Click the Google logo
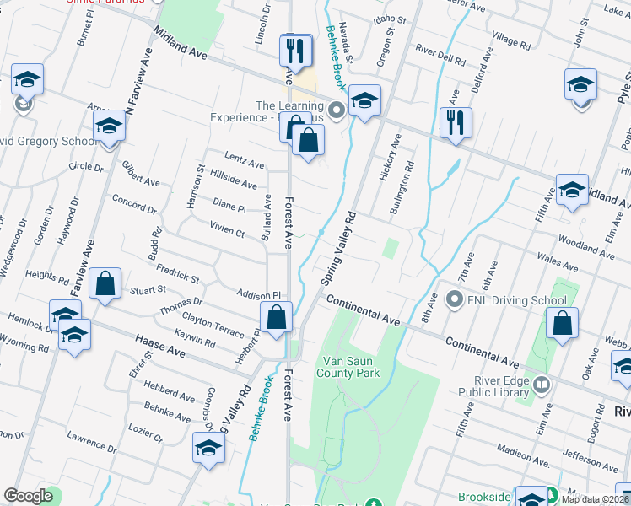(29, 496)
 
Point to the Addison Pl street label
(258, 295)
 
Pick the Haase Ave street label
(159, 345)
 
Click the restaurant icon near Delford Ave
(456, 122)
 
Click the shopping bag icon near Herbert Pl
(277, 318)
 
